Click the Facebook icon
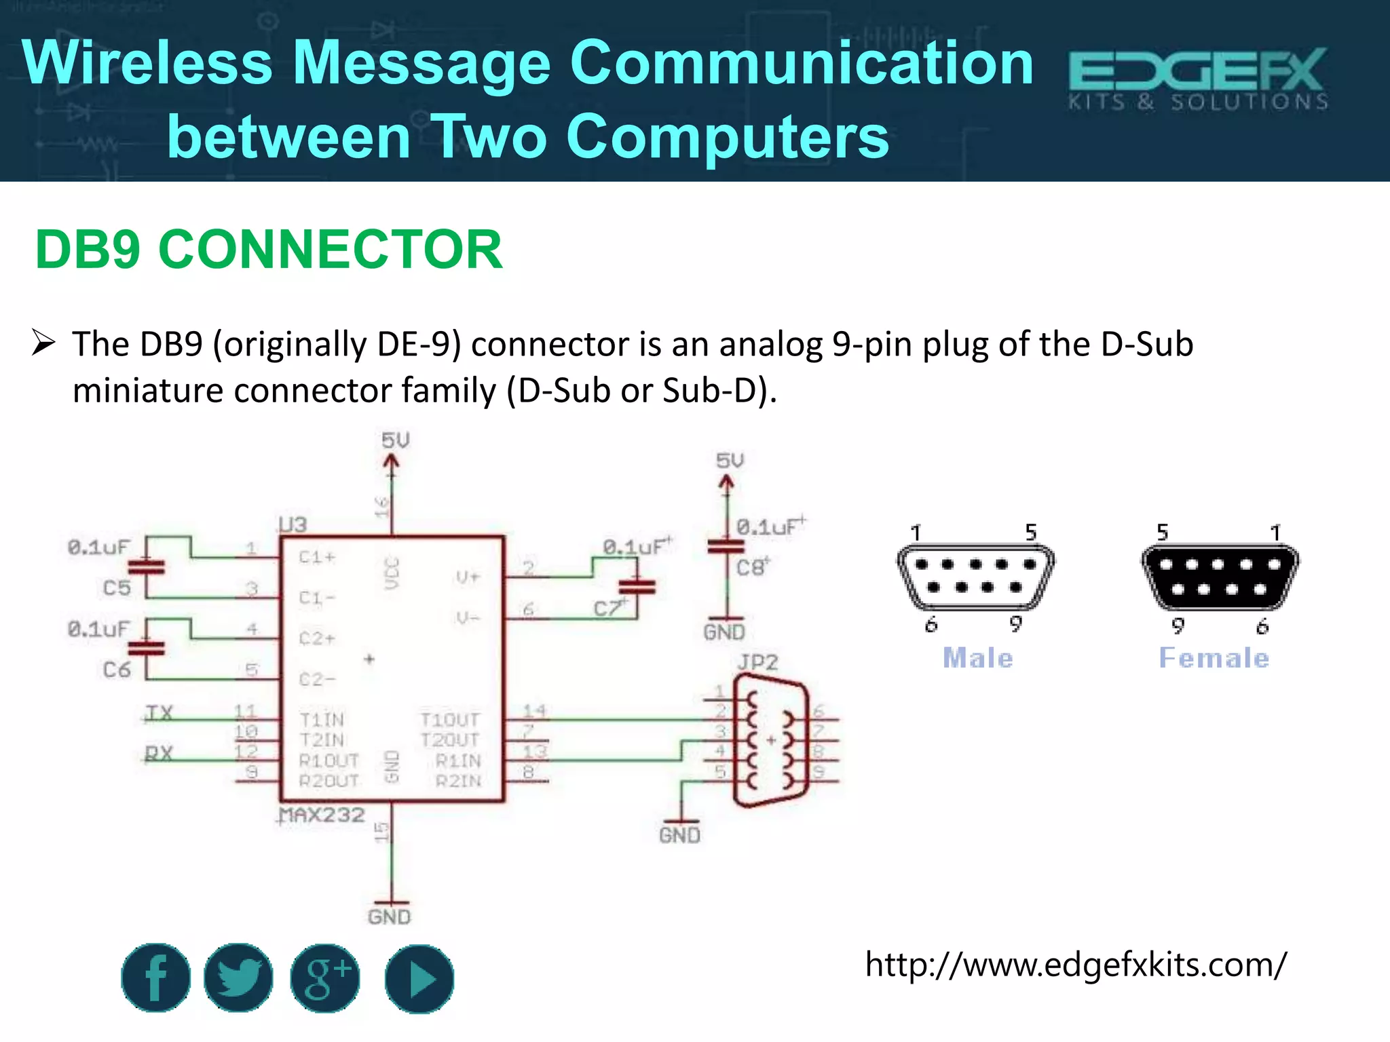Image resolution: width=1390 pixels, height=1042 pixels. coord(155,978)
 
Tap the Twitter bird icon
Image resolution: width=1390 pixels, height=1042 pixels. coord(239,978)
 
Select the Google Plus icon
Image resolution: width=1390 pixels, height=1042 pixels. coord(325,978)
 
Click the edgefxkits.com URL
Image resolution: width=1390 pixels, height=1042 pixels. coord(1075,964)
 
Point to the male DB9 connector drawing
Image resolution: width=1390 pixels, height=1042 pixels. coord(975,577)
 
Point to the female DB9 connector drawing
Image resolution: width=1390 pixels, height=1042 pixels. coord(1219,577)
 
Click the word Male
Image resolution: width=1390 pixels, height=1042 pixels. coord(977,658)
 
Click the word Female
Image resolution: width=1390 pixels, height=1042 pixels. coord(1214,658)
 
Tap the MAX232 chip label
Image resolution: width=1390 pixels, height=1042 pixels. coord(322,814)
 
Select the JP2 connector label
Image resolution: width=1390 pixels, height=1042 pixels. coord(757,661)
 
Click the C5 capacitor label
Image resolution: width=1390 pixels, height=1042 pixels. coord(116,587)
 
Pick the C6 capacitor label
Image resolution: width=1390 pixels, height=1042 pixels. coord(116,670)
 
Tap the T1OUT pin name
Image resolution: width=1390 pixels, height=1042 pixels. coord(449,719)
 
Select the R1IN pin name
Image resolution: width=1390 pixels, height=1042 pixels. coord(458,760)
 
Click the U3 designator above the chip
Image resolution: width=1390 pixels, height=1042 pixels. coord(293,524)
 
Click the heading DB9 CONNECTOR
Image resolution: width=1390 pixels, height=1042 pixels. coord(269,250)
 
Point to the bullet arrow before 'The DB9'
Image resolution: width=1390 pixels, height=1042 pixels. coord(43,343)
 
